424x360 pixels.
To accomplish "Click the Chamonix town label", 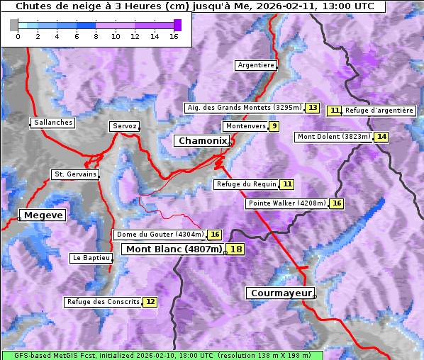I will (x=203, y=141).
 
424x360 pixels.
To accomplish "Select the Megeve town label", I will (x=43, y=215).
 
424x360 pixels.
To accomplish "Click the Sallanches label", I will (x=53, y=123).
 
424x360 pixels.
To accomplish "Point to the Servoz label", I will (x=124, y=126).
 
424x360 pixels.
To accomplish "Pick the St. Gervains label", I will (x=74, y=174).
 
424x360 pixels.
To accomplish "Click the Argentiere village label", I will (x=256, y=65).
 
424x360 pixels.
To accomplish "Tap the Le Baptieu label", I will (x=91, y=258).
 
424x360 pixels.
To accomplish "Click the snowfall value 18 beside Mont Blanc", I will (x=235, y=249).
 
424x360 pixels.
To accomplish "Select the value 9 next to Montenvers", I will (x=274, y=126).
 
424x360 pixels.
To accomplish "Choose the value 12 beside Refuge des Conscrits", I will (x=150, y=302).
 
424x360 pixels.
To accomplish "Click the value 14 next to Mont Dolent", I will (x=382, y=137).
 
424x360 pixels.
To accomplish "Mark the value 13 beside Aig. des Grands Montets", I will (x=313, y=108).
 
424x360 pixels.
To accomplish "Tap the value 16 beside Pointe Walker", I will (x=336, y=203).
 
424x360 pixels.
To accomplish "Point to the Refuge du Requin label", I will (x=245, y=184).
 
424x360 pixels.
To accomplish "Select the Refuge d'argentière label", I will (x=379, y=111).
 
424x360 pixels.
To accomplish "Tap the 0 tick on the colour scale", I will (x=18, y=36).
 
